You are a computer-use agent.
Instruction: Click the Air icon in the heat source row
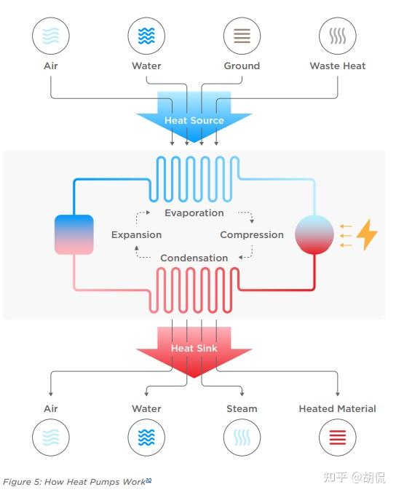point(51,36)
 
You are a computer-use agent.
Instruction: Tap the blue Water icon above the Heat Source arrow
point(146,36)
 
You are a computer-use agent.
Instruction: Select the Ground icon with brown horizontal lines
point(242,36)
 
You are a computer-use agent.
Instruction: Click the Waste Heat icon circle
point(338,36)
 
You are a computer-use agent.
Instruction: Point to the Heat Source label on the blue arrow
point(194,120)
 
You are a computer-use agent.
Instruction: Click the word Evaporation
point(194,213)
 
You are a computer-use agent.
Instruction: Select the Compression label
point(252,235)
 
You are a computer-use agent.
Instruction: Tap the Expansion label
point(136,235)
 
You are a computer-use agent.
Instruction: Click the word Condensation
point(194,258)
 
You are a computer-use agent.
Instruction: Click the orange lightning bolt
point(367,234)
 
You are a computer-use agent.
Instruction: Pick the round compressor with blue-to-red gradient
point(314,235)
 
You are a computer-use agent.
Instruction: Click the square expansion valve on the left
point(74,234)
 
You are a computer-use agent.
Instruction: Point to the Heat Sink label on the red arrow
point(194,348)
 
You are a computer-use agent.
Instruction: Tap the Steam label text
point(242,409)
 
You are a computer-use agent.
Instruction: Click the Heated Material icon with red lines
point(338,437)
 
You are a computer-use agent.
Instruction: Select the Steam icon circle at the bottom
point(242,437)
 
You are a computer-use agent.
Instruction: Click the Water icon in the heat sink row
point(146,437)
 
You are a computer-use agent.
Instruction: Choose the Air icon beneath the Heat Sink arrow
point(51,437)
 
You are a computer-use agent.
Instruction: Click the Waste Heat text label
point(338,66)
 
